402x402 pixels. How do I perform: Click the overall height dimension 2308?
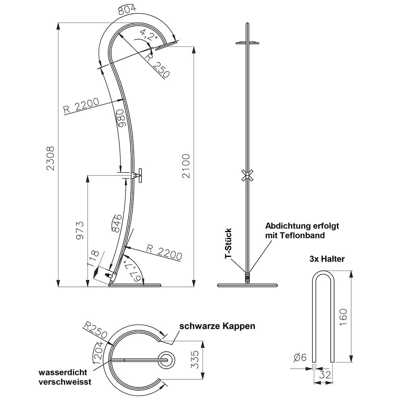click(x=50, y=158)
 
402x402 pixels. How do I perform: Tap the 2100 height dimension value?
click(x=186, y=166)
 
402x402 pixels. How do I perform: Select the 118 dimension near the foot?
click(x=93, y=258)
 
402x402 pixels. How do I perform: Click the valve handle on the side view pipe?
click(x=140, y=175)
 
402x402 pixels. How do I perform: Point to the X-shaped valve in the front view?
click(x=247, y=176)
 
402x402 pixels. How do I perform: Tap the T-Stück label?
click(x=228, y=243)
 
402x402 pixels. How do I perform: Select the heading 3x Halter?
click(x=327, y=259)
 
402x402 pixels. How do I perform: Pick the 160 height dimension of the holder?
click(x=343, y=317)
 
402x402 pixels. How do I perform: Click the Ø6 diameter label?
click(x=300, y=357)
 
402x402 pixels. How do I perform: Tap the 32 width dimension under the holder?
click(x=325, y=375)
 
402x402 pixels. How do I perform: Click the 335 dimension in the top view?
click(x=195, y=360)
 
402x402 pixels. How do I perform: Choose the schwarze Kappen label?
click(x=217, y=326)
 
